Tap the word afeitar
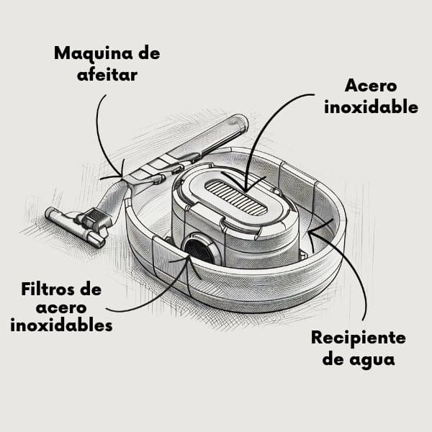(107, 74)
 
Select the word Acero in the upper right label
(371, 86)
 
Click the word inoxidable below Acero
(371, 107)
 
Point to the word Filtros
(52, 289)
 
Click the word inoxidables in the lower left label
(61, 325)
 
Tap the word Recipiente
(359, 338)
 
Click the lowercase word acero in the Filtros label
(61, 308)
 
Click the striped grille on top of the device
(236, 197)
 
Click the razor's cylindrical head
(75, 228)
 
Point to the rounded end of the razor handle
(238, 122)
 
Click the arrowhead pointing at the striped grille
(245, 190)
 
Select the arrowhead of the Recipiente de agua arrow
(310, 233)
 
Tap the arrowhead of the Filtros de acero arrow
(189, 258)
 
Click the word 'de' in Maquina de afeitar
(149, 53)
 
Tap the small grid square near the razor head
(96, 215)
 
